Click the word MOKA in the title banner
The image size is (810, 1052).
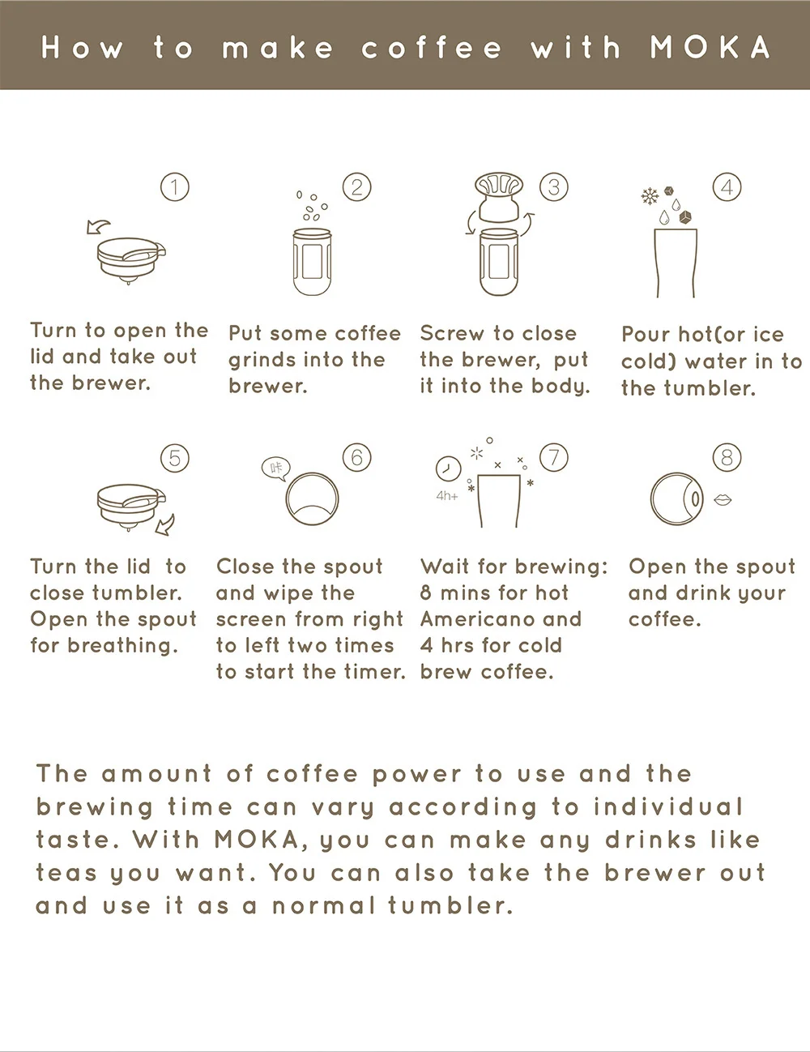(710, 47)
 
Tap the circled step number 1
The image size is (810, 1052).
(175, 187)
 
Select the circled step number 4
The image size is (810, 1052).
(727, 187)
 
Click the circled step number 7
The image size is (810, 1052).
(554, 457)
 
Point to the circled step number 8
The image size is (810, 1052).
(727, 457)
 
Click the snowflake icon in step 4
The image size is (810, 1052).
(649, 196)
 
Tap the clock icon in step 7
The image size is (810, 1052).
(448, 468)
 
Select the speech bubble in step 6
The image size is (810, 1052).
(276, 468)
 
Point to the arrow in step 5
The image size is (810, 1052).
(166, 524)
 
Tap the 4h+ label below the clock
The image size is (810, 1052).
(446, 496)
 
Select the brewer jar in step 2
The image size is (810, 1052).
(312, 262)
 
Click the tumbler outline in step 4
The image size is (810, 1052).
(675, 263)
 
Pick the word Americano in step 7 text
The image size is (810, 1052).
(474, 619)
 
